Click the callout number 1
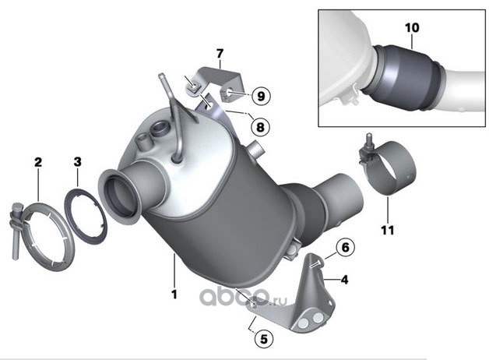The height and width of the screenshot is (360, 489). (x=174, y=294)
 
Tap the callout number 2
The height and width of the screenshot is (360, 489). (x=37, y=162)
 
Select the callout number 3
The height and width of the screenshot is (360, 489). (x=77, y=162)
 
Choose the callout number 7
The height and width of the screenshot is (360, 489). (x=220, y=54)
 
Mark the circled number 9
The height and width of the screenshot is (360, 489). (x=260, y=96)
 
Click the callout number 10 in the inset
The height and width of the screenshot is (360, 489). (x=412, y=27)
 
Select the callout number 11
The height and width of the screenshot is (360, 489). (x=388, y=230)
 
